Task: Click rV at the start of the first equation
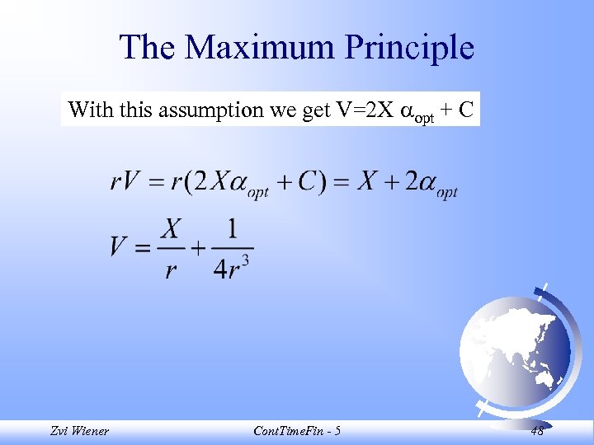tap(124, 182)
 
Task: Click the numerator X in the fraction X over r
tap(171, 227)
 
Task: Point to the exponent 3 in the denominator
tap(245, 260)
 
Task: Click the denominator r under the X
tap(171, 269)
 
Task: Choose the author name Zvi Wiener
tap(79, 430)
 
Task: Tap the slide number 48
tap(537, 430)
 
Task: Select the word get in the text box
tap(316, 110)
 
